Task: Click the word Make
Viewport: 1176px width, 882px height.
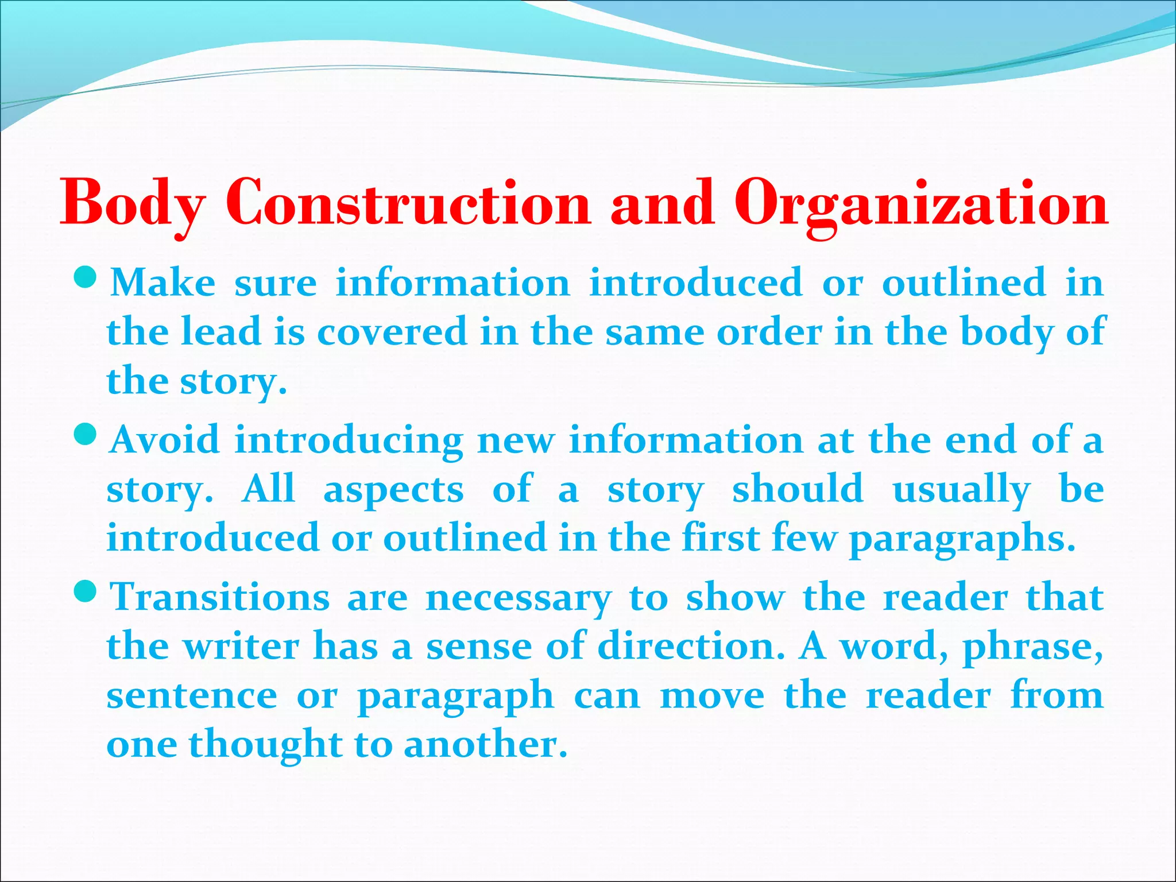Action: (163, 283)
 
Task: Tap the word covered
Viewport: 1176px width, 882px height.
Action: (392, 332)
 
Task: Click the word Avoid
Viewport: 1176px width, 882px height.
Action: (165, 440)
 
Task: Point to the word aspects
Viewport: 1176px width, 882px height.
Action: (393, 490)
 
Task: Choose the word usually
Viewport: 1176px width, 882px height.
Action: (961, 489)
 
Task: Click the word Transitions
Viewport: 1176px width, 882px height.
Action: (220, 597)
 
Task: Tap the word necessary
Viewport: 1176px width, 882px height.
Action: (519, 598)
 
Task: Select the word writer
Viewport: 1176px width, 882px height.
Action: (241, 646)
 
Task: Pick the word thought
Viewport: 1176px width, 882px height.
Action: (266, 745)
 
